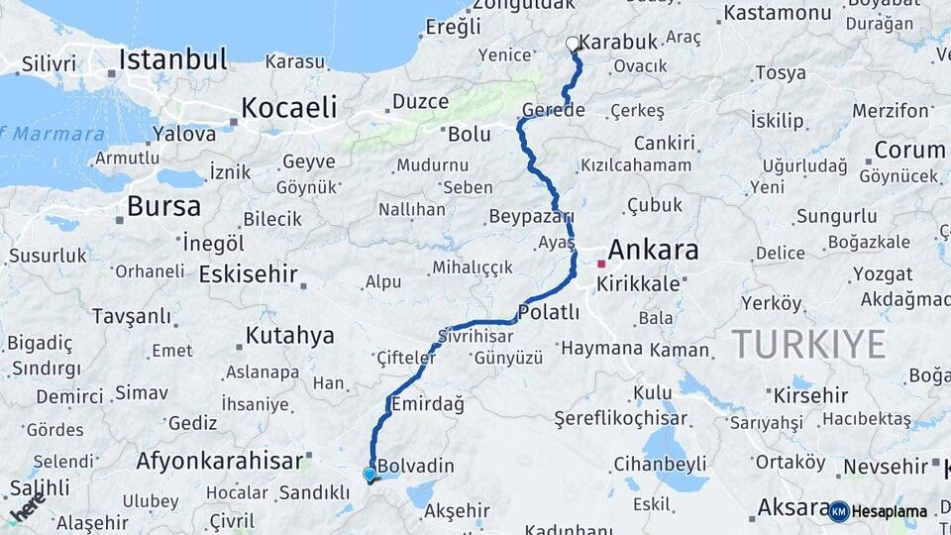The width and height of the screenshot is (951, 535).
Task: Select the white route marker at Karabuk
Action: click(573, 44)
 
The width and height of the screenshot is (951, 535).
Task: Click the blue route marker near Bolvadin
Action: click(370, 475)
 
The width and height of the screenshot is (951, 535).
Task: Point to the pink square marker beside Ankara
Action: click(601, 264)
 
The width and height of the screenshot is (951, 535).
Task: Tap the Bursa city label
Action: click(163, 206)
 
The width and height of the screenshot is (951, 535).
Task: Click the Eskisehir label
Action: click(248, 273)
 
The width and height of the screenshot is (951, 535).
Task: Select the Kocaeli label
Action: click(289, 107)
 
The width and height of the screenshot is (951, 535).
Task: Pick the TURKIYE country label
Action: click(808, 344)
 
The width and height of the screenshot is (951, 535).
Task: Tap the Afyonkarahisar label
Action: click(218, 461)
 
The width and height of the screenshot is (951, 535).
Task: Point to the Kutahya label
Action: click(289, 336)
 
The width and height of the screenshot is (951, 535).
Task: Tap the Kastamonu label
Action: click(777, 13)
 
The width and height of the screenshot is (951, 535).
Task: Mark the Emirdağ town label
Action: click(428, 404)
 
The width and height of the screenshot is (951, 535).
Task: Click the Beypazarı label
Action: click(531, 216)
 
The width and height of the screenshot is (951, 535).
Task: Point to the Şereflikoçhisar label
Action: click(619, 418)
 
